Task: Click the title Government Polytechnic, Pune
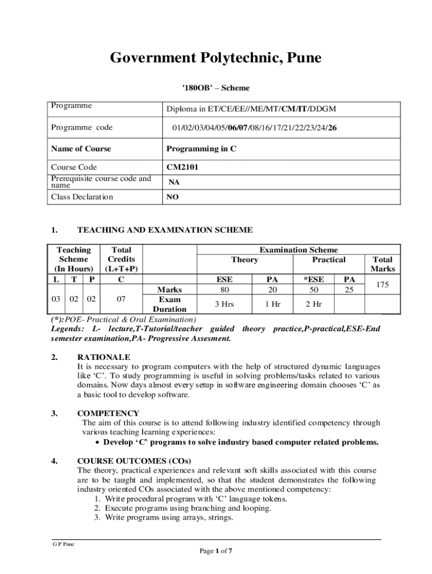point(215,58)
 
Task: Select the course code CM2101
point(182,167)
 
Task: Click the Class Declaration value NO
point(173,197)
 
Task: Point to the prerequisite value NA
point(174,182)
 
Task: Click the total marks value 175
point(383,285)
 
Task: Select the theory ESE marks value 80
point(224,290)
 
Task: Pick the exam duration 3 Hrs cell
point(224,304)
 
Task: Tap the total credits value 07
point(121,299)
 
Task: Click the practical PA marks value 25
point(350,290)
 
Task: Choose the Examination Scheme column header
point(298,250)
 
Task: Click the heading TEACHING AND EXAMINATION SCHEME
point(164,230)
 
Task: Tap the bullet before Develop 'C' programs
point(98,442)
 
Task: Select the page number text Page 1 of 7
point(216,551)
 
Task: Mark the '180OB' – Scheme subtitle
point(216,88)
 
